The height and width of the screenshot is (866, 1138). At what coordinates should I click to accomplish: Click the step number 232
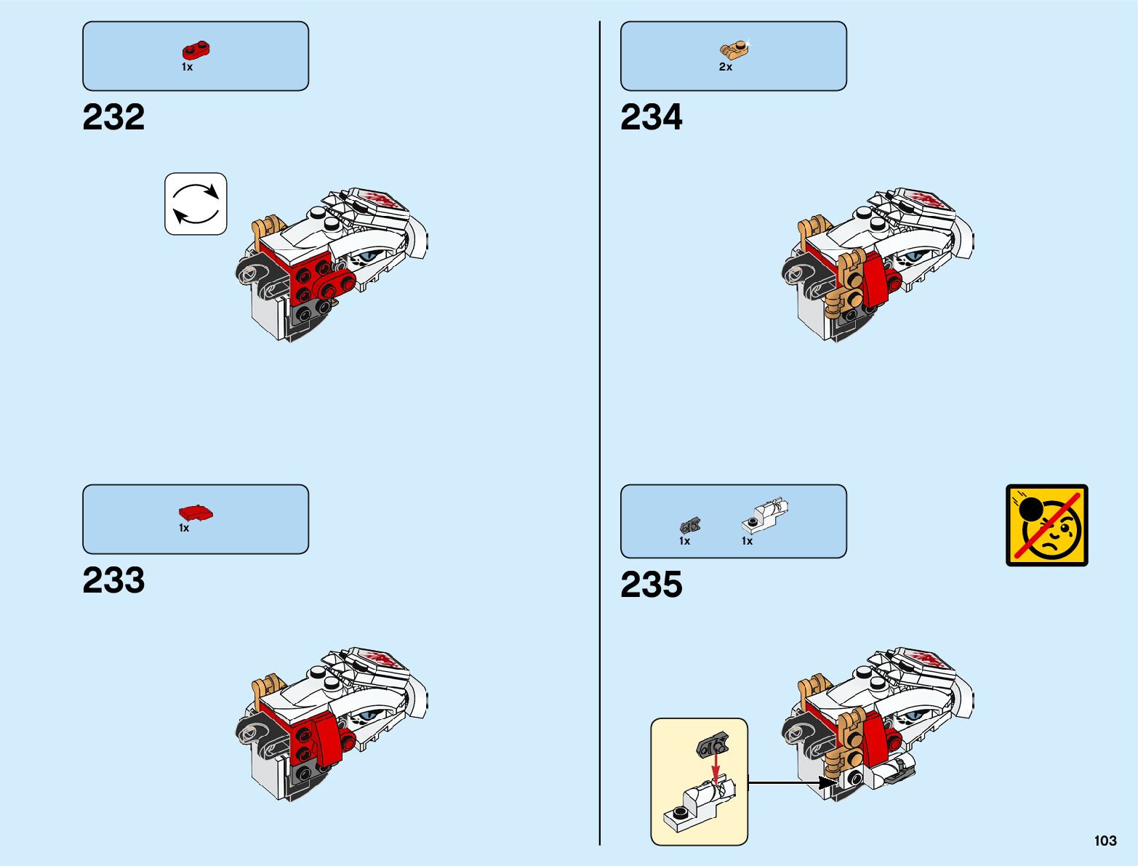[113, 117]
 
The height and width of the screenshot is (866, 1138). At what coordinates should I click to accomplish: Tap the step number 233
[113, 580]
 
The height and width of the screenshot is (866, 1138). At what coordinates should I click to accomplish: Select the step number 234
[652, 117]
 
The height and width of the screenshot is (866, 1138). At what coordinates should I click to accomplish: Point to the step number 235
[652, 585]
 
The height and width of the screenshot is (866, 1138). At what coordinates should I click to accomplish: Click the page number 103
[1105, 841]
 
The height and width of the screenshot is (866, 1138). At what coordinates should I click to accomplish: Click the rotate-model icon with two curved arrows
[196, 204]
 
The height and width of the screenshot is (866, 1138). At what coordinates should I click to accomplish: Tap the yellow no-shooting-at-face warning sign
[1047, 525]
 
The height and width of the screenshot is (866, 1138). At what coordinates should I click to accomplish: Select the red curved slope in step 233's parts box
[196, 513]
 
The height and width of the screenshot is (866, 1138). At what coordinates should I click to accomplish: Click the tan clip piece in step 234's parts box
[734, 49]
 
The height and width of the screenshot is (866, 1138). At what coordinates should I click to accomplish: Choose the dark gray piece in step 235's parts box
[689, 525]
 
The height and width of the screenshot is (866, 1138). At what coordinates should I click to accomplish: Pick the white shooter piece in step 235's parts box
[765, 514]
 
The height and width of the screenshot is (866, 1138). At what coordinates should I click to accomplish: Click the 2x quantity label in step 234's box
[726, 67]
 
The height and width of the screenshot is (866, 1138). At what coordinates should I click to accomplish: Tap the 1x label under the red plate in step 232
[187, 67]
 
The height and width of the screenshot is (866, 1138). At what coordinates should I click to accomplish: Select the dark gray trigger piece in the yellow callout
[713, 745]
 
